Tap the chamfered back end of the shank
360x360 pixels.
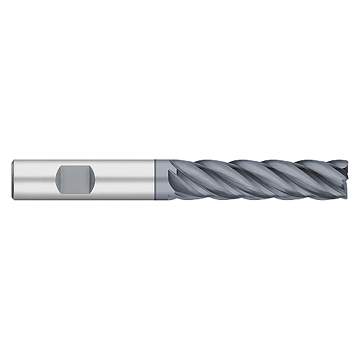tap(13, 180)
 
